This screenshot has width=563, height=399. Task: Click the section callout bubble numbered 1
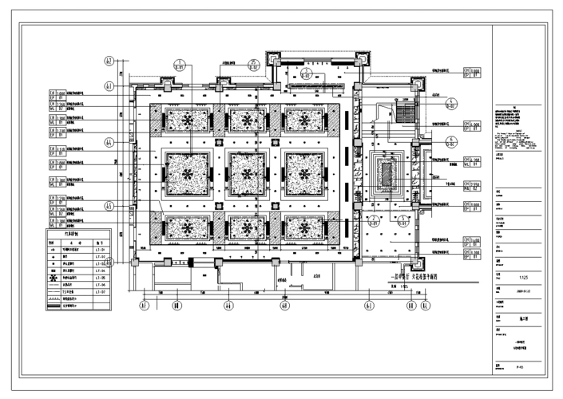[x=180, y=65]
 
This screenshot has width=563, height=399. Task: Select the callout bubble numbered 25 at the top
[x=254, y=65]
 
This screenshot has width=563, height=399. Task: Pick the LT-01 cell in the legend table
[x=101, y=250]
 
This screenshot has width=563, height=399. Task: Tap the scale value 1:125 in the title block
[x=524, y=278]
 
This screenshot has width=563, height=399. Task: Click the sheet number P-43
[x=521, y=367]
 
